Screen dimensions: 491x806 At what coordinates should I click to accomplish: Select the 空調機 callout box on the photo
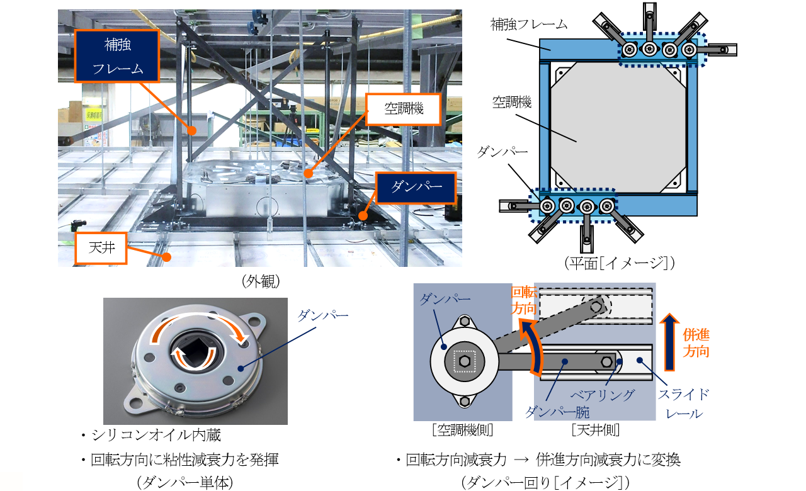[x=404, y=108]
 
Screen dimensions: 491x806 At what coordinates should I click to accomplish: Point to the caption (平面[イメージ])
[x=620, y=262]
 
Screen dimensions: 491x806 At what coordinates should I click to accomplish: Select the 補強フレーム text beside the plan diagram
[x=529, y=25]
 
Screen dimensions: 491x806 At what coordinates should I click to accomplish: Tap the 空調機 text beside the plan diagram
[x=514, y=102]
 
